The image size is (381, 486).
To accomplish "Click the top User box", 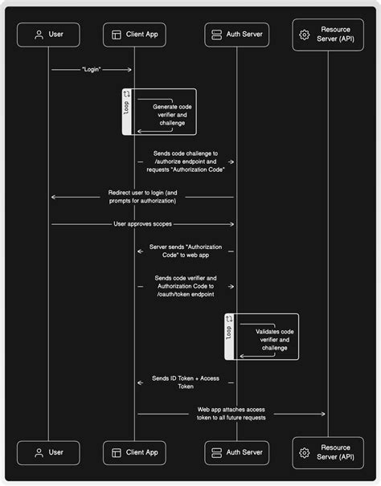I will coord(49,35).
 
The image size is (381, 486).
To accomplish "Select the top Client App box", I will coord(134,35).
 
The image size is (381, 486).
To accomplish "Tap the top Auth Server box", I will coord(236,35).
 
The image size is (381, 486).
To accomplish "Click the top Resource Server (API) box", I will coord(328,35).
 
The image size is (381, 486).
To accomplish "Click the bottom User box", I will coord(49,452).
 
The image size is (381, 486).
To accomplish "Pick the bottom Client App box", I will coord(134,452).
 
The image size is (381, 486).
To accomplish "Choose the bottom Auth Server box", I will coord(236,452).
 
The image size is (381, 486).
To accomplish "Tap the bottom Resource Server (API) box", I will coord(328,452).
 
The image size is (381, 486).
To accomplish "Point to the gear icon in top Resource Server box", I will coord(305,35).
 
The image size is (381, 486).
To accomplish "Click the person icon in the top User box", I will coord(38,35).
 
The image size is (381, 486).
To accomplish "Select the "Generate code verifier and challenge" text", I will coord(172,115).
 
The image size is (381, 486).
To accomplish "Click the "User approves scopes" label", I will coord(142,224).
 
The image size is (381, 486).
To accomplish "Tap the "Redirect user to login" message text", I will coord(142,197).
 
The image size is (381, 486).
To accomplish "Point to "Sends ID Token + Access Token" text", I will coord(185,382).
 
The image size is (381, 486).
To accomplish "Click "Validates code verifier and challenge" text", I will coord(275,340).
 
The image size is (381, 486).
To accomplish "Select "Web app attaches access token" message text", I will coord(231,413).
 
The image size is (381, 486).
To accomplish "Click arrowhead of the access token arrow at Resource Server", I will coord(324,414).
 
